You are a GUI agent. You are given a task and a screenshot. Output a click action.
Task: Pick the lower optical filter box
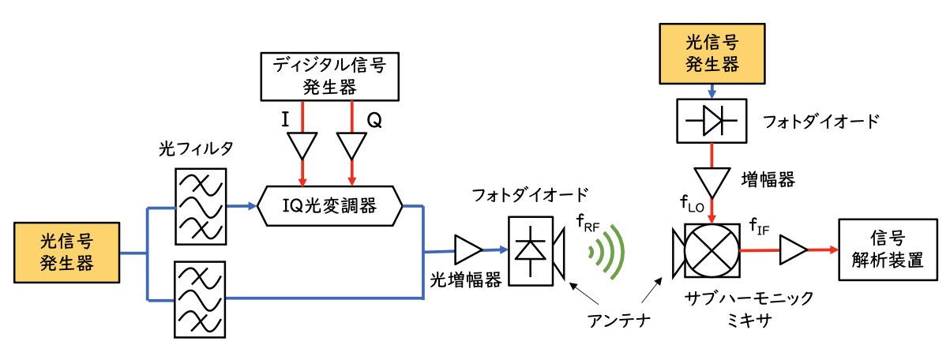click(199, 301)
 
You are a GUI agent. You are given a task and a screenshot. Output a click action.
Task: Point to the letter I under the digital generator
click(285, 121)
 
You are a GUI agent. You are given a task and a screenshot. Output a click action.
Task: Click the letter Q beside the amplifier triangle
click(374, 121)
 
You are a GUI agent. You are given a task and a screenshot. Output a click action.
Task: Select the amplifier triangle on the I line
click(302, 144)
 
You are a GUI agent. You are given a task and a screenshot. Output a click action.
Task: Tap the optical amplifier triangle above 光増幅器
click(467, 250)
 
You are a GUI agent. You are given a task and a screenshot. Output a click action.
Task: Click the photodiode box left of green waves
click(531, 250)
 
